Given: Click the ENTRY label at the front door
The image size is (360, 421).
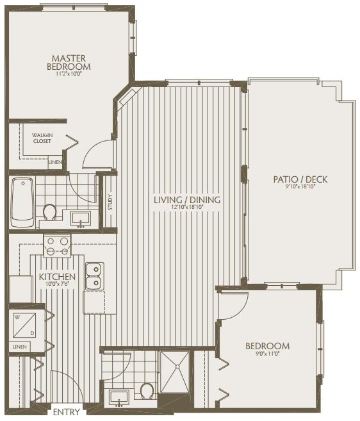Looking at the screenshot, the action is tap(67, 411).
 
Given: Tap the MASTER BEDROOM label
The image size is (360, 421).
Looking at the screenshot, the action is tap(69, 62).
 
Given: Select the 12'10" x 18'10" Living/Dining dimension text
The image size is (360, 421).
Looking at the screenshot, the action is tap(187, 207).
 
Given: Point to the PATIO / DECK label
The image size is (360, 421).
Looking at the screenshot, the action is tap(300, 179).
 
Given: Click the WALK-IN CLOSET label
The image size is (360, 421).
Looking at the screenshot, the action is tap(42, 138).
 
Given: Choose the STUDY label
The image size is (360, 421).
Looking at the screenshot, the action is tap(110, 202).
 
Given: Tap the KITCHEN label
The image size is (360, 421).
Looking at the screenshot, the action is tap(57, 277).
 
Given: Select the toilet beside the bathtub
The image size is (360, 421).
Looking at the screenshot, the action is tap(50, 212).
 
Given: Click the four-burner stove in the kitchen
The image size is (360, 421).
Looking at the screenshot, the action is tap(57, 245).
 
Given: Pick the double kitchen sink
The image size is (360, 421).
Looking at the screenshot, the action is tap(95, 276).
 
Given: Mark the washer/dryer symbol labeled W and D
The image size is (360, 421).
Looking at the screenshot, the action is tap(24, 325).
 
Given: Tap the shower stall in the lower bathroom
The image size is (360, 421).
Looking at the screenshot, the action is tap(175, 371).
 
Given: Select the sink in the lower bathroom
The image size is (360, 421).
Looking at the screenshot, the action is tap(119, 398).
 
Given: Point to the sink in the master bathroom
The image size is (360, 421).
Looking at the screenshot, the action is tap(81, 219).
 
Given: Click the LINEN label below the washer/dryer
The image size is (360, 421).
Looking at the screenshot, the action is tap(20, 347).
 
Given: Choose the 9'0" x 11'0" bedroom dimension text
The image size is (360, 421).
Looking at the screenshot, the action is tap(267, 354).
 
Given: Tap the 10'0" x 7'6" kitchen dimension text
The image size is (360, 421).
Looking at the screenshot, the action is tap(58, 284).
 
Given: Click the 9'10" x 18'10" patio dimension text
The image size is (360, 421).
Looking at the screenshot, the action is tap(300, 186).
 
